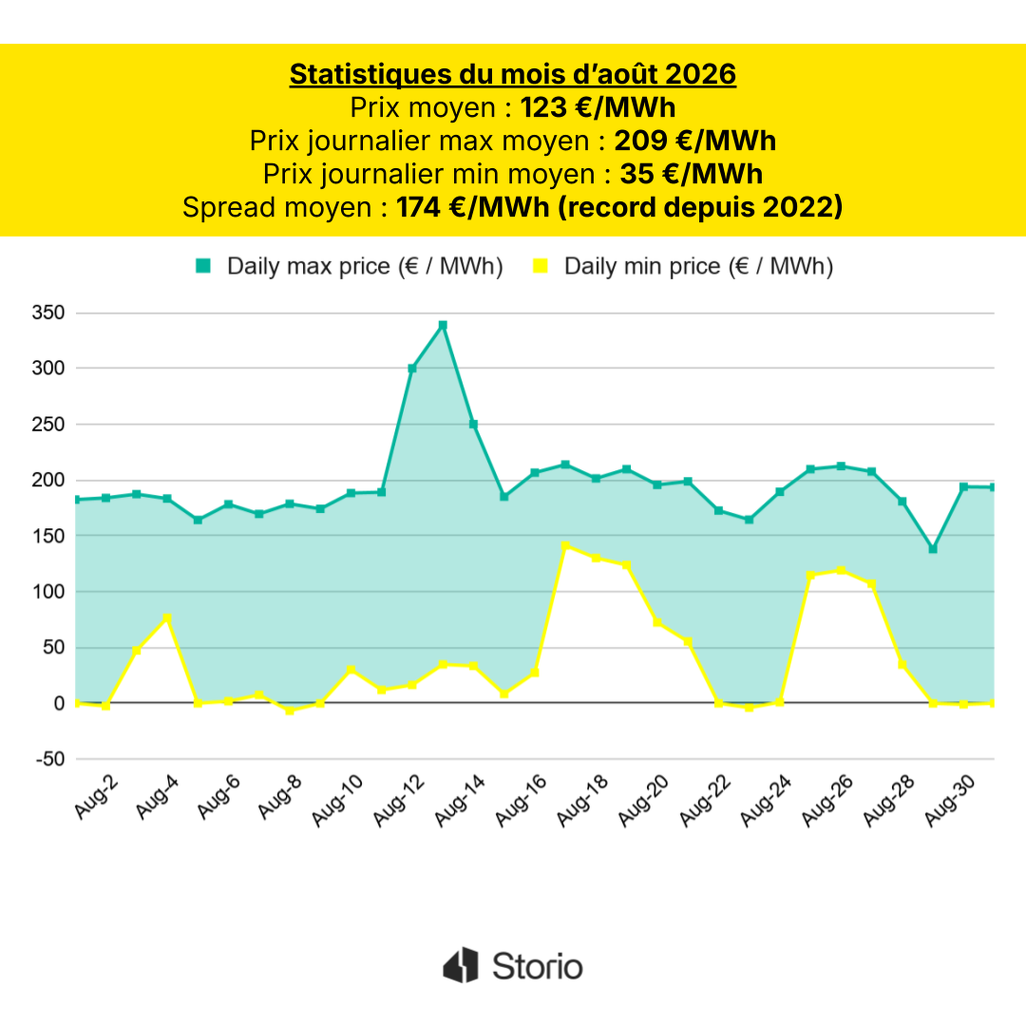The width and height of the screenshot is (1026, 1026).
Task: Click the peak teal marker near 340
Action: click(442, 325)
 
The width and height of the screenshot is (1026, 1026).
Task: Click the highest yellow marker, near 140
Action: click(565, 546)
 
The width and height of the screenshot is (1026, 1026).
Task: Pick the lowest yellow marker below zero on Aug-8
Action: click(289, 710)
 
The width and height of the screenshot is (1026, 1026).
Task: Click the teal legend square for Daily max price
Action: click(203, 266)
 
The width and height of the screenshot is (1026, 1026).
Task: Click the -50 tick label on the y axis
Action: click(50, 759)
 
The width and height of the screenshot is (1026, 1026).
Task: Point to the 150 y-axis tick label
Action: click(48, 536)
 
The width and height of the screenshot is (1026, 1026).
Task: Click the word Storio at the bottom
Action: click(537, 966)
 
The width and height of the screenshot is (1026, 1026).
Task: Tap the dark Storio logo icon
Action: click(460, 965)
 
